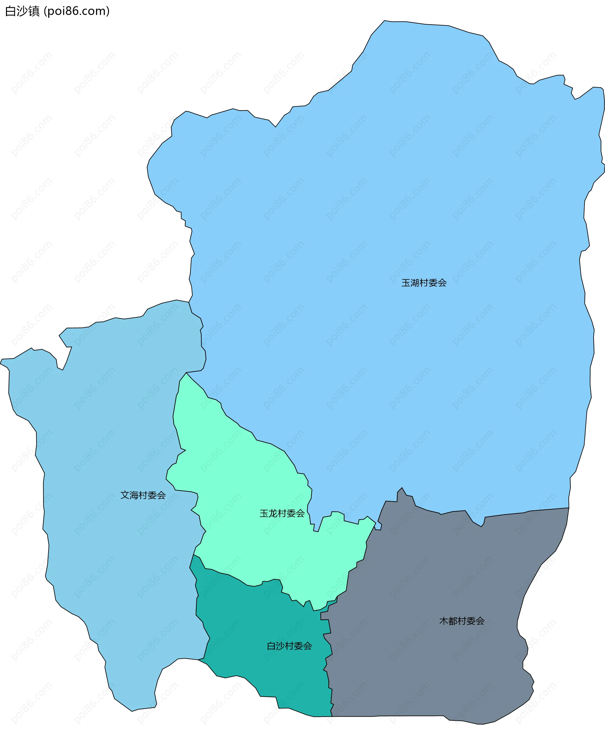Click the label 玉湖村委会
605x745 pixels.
424,283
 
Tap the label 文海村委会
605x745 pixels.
143,495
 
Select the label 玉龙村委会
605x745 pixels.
282,513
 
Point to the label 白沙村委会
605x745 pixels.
289,646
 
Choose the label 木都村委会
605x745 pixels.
462,621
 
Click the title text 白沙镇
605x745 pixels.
22,11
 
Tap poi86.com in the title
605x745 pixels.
77,11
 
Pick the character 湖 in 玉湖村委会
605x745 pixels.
415,283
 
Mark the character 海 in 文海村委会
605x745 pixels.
134,495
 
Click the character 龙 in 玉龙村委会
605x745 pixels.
273,513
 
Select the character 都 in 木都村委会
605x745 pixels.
453,621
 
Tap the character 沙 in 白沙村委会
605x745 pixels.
280,646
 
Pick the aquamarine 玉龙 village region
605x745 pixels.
244,488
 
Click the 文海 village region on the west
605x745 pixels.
105,453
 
